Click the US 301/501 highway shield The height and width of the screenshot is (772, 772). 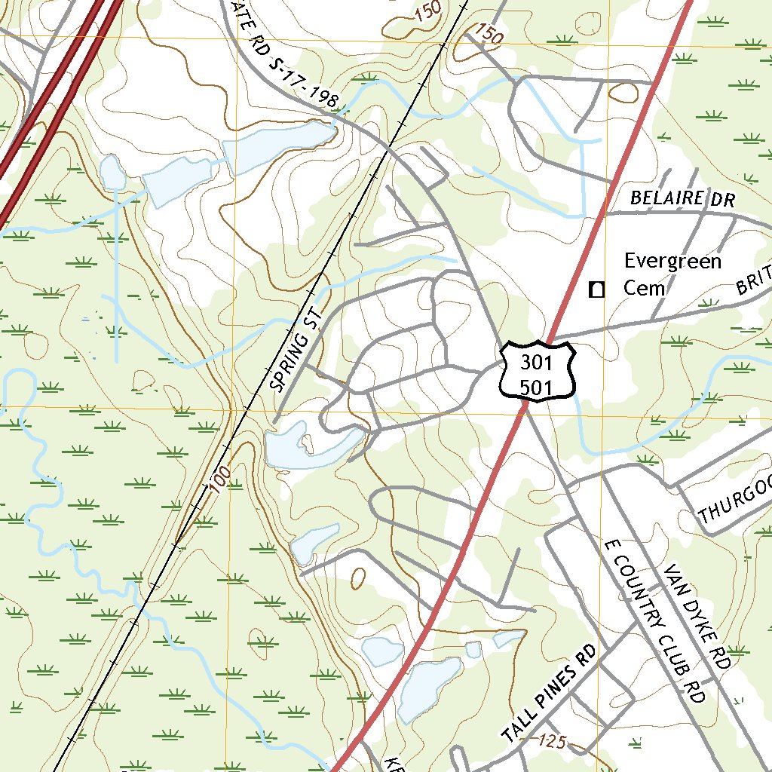[537, 372]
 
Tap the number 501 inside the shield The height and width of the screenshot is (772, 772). [537, 388]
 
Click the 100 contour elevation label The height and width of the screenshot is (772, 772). [221, 478]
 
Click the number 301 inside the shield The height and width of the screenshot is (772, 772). [537, 363]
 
